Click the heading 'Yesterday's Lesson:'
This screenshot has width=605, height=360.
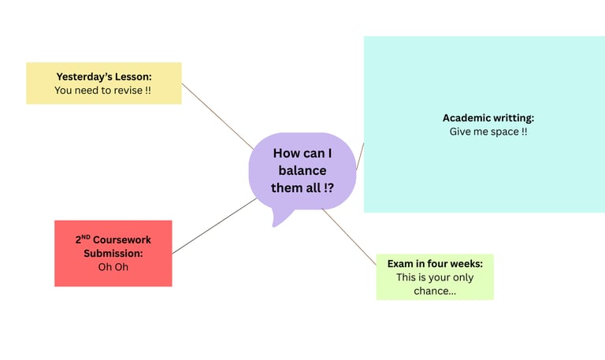click(103, 76)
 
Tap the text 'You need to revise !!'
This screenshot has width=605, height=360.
click(102, 91)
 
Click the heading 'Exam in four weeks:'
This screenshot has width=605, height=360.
click(435, 263)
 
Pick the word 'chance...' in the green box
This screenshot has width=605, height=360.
click(435, 291)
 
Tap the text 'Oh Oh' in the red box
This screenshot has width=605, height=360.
click(113, 267)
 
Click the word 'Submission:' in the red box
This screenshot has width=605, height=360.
click(113, 253)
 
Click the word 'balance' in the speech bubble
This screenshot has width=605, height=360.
click(302, 172)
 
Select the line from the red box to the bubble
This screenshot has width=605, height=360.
click(213, 227)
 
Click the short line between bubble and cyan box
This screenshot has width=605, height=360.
click(360, 156)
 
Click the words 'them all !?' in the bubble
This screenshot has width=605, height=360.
click(302, 189)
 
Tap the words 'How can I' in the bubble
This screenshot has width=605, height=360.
click(302, 154)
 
